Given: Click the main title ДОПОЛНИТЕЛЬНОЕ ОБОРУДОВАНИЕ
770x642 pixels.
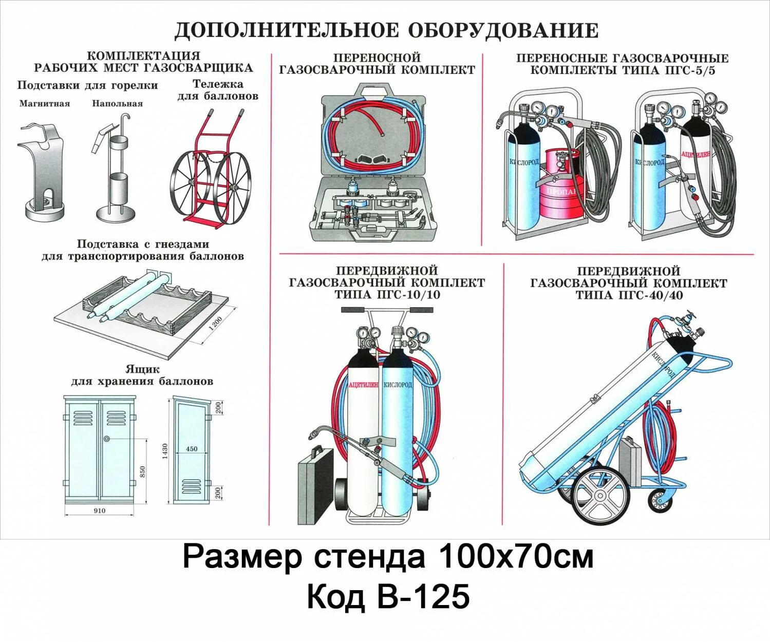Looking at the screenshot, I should pos(386,31).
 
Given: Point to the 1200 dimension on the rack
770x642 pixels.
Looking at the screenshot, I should pos(216,324).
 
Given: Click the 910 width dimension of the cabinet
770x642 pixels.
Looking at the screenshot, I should pos(100,511).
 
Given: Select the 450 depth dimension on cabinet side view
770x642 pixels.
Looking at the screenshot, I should pos(192,449).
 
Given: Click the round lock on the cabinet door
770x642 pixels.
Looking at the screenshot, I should pos(106,439).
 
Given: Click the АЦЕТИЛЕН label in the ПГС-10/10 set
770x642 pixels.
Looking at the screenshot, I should pos(363,385).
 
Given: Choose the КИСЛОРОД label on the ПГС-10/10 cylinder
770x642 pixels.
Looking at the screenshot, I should pos(398,385).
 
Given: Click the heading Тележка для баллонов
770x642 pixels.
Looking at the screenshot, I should pos(218,90).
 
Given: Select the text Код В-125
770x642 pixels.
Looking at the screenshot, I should pos(388,597).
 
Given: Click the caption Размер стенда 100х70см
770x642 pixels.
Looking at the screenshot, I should pos(388,557).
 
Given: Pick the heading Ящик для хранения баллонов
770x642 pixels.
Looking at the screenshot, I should pos(142,375).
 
